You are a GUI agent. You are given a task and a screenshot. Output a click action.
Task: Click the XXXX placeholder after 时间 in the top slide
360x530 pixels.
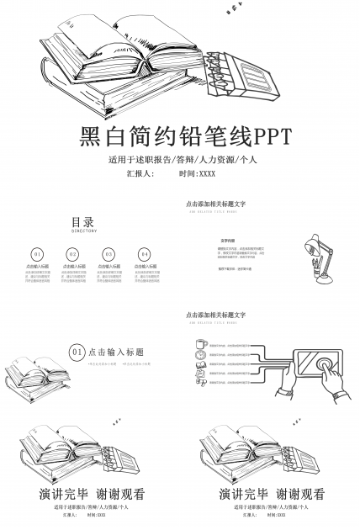(207, 174)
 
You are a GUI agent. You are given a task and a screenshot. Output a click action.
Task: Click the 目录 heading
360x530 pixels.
(82, 222)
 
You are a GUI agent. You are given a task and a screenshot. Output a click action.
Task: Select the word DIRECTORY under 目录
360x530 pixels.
(83, 231)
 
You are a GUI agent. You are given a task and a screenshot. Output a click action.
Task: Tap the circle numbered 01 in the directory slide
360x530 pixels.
(37, 253)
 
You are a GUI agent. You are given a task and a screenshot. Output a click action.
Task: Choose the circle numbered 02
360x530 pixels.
(73, 253)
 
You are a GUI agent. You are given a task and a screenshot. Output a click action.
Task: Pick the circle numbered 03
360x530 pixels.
(109, 253)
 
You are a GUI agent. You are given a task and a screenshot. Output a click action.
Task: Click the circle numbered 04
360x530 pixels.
(145, 253)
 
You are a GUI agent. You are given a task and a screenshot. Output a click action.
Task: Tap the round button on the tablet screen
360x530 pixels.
(323, 363)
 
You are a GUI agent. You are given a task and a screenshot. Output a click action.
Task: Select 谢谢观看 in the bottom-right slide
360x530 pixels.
(301, 494)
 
